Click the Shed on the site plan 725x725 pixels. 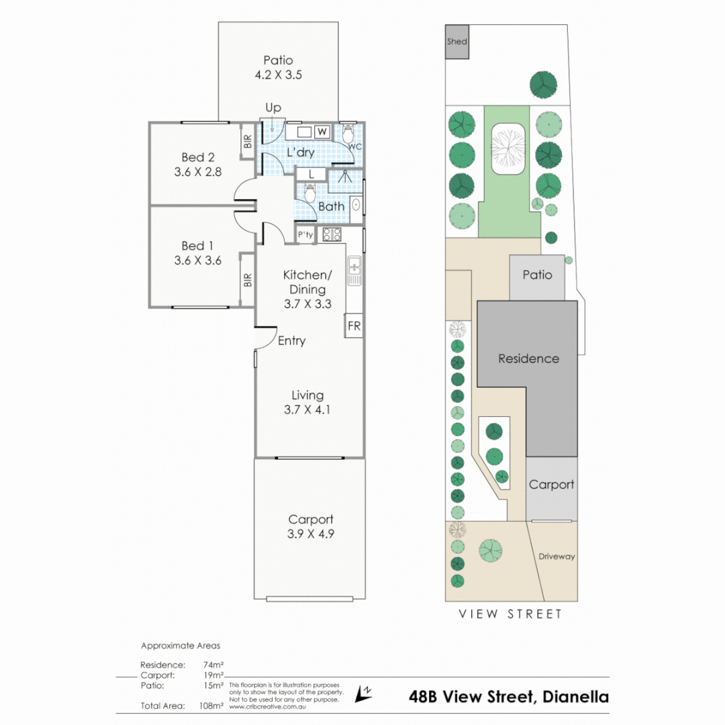tap(457, 42)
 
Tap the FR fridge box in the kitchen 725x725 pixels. tap(354, 326)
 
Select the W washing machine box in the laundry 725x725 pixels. tap(322, 132)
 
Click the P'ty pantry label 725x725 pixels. tap(305, 234)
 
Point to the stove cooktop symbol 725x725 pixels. tap(332, 234)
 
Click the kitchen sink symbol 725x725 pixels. tap(354, 271)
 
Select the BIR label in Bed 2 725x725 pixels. tap(248, 141)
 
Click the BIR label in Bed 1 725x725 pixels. tap(248, 280)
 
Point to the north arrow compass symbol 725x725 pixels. tap(363, 693)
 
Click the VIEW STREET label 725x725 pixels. tap(510, 614)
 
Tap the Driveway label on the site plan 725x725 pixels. tap(557, 557)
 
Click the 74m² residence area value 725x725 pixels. tap(213, 665)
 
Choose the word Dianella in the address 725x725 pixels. tap(576, 697)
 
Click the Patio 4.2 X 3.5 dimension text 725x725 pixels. tap(279, 75)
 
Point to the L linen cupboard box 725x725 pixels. tap(311, 175)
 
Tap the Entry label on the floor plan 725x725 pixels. tap(292, 341)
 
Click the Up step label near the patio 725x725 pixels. tap(273, 107)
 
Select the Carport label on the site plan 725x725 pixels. tap(552, 485)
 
